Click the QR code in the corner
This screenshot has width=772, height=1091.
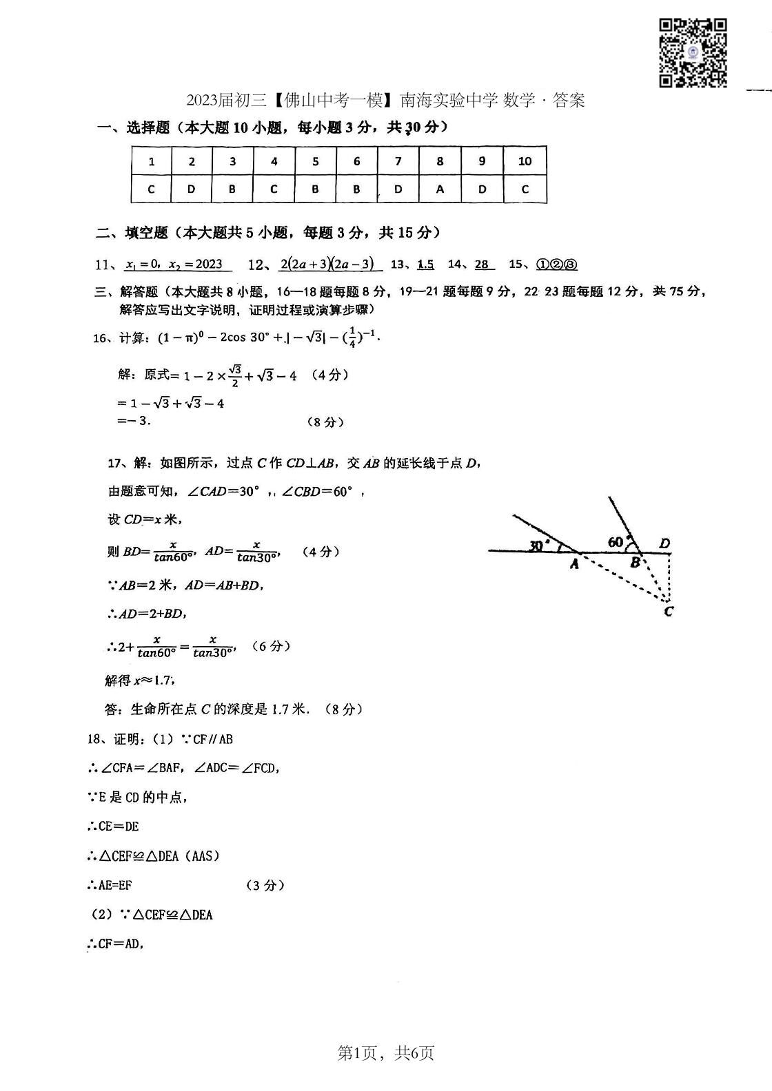(693, 53)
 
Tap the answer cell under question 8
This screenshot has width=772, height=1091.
(440, 189)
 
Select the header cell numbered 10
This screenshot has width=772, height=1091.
(525, 161)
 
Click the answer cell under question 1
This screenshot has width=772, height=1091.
(152, 189)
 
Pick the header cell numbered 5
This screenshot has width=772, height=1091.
(316, 161)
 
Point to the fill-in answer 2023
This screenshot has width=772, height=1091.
(208, 264)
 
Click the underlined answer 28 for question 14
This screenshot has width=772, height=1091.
(482, 264)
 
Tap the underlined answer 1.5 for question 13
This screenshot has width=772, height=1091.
(425, 264)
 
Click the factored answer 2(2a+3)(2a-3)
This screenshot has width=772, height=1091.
(327, 264)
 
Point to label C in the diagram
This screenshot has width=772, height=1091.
(668, 611)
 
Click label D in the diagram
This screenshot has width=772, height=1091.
(664, 543)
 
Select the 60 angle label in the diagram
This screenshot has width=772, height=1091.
(616, 542)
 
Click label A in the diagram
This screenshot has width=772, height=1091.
(574, 564)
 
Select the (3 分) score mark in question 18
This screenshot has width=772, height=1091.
(265, 886)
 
